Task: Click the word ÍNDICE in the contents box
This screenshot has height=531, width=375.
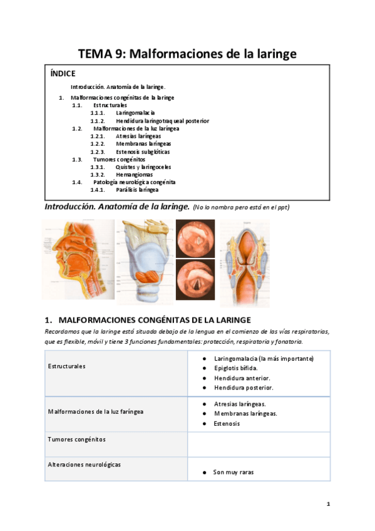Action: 62,73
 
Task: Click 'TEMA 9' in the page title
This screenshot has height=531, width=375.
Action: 100,54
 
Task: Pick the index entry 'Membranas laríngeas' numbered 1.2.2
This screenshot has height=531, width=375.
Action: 143,144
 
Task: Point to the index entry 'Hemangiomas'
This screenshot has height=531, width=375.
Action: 135,175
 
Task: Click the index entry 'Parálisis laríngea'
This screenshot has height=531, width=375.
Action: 137,190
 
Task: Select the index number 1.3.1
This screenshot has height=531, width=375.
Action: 96,167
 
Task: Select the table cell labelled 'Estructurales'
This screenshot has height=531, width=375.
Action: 67,366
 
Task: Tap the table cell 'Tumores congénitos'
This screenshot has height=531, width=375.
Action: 77,440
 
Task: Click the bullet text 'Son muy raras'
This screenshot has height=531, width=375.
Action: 233,472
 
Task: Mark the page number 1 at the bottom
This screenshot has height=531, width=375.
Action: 327,503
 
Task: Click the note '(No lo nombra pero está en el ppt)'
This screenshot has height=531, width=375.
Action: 241,207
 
